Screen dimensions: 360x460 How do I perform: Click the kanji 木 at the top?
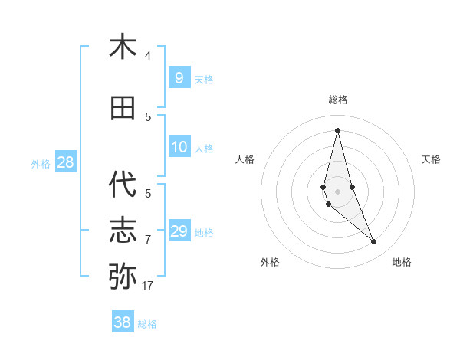(x=123, y=47)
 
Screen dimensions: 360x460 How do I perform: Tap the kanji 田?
(x=123, y=108)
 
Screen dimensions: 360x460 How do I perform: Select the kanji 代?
(x=123, y=185)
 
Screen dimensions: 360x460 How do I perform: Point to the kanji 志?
(x=123, y=231)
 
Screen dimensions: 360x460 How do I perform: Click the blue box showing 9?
(x=179, y=77)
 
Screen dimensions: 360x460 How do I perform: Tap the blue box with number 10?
(x=179, y=147)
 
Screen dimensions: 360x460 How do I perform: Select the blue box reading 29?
(x=179, y=231)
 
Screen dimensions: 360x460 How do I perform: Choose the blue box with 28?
(x=65, y=162)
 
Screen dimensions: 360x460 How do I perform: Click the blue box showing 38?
(x=123, y=322)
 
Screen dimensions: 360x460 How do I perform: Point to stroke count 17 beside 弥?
(x=148, y=286)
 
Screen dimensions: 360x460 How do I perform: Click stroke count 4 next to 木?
(x=148, y=56)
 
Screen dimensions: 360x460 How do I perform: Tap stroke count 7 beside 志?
(x=148, y=240)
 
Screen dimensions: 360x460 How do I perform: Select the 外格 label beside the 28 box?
(x=41, y=163)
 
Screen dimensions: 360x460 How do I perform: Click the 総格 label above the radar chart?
(x=338, y=100)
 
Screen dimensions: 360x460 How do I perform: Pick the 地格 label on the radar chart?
(x=402, y=262)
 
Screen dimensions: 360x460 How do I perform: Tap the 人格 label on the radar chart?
(x=245, y=159)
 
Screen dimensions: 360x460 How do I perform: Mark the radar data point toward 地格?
(x=374, y=242)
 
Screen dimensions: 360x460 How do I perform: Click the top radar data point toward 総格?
(x=337, y=129)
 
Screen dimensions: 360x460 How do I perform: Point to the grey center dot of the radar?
(x=337, y=191)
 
